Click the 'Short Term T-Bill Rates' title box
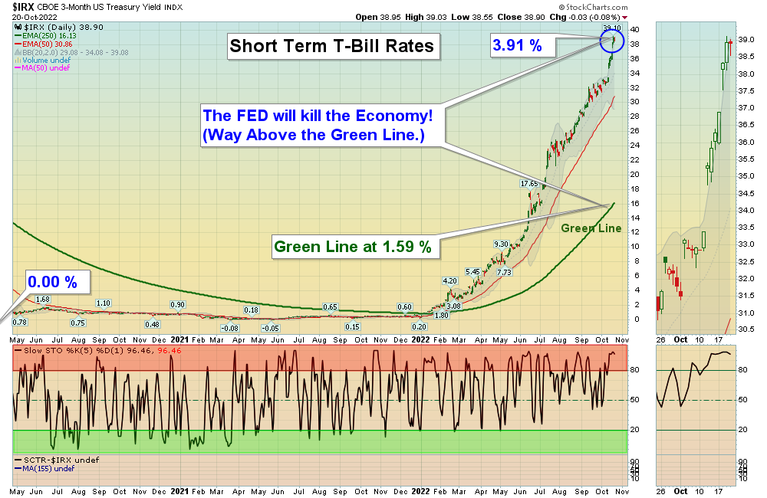click(x=332, y=46)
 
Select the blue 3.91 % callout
click(x=517, y=46)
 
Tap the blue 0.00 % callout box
click(x=52, y=281)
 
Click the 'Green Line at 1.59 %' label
click(x=352, y=247)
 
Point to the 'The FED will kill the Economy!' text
click(x=318, y=116)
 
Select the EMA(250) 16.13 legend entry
click(x=48, y=35)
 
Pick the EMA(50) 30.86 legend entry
click(x=45, y=44)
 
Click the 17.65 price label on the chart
click(x=529, y=184)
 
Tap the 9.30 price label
click(x=502, y=244)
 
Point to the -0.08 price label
click(x=219, y=328)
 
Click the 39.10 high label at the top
click(x=611, y=28)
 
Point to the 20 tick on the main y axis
click(x=634, y=174)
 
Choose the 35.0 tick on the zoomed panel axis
click(x=745, y=176)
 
